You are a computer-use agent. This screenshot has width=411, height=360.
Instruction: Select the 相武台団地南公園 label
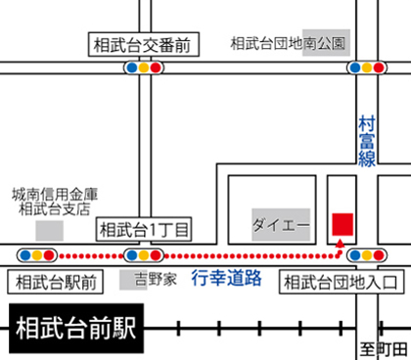[x=290, y=44]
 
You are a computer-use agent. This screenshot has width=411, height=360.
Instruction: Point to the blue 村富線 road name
[x=367, y=142]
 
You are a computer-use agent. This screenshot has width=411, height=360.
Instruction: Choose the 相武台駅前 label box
[x=52, y=282]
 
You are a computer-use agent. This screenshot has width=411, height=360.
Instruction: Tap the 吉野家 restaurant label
[x=156, y=279]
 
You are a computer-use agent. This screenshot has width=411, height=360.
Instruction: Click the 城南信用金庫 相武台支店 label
[x=55, y=202]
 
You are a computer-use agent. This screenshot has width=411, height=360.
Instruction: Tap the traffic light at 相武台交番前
[x=143, y=68]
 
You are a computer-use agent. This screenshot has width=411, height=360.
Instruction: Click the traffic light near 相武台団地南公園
[x=366, y=68]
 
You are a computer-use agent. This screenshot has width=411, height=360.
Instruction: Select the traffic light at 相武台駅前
[x=35, y=256]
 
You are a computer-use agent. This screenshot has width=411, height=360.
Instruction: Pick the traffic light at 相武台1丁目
[x=143, y=256]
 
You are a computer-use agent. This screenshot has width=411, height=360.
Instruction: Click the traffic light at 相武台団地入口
[x=366, y=256]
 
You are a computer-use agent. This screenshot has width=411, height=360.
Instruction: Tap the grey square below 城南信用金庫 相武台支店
[x=49, y=230]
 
